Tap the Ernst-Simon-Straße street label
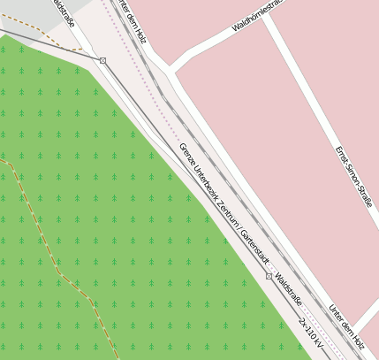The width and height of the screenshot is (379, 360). click(353, 178)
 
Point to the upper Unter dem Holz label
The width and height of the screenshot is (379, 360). click(131, 19)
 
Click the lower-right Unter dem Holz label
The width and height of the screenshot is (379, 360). click(345, 326)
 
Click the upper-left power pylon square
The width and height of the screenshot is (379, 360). click(102, 60)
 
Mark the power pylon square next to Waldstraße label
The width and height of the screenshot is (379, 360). click(269, 277)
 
